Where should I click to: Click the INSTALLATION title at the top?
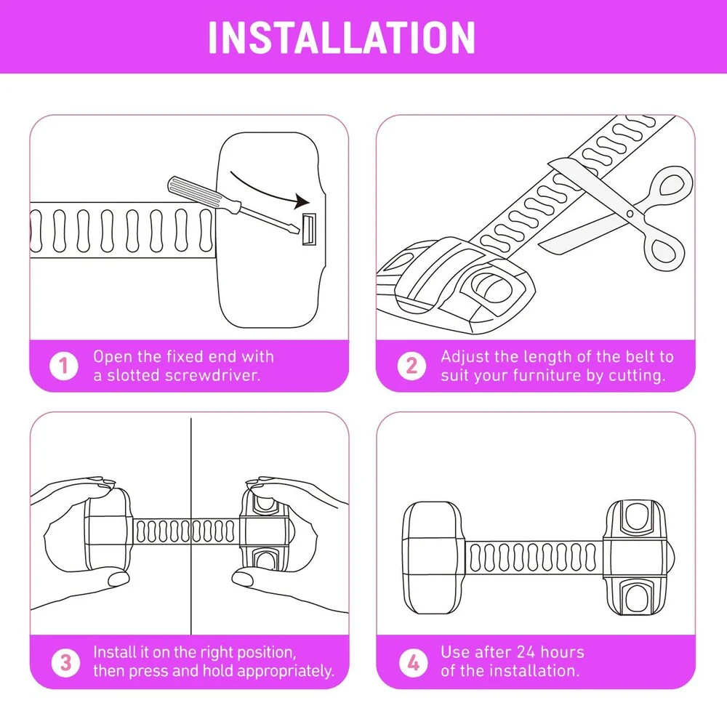point(342,38)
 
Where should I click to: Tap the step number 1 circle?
point(64,366)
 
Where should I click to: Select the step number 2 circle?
point(411,366)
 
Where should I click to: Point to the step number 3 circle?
point(65,662)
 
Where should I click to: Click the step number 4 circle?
point(413,662)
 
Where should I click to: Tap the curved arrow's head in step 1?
point(302,201)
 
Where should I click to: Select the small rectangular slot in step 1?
point(309,229)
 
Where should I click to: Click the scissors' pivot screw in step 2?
point(630,214)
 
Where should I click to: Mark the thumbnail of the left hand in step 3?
point(118,579)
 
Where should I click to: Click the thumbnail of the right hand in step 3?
point(241,578)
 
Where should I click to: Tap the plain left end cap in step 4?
point(433,558)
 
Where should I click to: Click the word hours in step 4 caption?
point(562,652)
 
